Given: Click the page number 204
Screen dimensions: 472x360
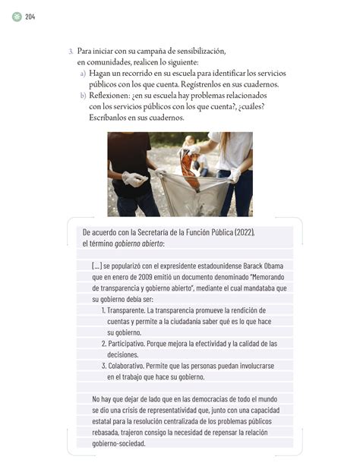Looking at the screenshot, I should coord(30,16).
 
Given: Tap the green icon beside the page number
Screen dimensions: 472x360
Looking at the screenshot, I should coord(16,16).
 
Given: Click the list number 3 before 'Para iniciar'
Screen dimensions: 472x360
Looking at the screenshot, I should coord(70,51).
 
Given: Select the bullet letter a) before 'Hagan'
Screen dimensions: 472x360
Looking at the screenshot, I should coord(83,73).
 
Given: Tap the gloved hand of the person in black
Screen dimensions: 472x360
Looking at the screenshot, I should coord(134,179).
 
